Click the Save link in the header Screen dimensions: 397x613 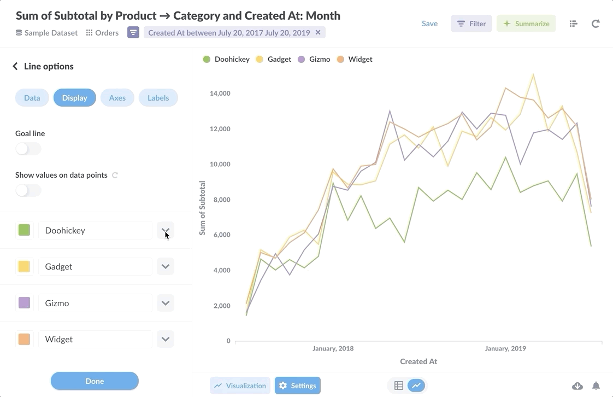429,24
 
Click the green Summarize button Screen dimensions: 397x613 526,24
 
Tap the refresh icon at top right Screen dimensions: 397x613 596,24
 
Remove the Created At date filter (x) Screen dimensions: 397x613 318,32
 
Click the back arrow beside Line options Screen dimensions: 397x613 15,66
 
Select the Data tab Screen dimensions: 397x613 32,98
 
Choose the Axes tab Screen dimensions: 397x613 117,98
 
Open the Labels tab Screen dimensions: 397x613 158,98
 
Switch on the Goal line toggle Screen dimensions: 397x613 28,149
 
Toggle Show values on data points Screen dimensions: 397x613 28,190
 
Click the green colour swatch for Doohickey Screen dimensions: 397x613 24,230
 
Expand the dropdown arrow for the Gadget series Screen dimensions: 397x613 166,267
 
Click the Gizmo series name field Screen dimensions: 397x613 95,303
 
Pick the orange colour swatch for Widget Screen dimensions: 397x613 24,339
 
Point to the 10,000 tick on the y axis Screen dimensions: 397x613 220,164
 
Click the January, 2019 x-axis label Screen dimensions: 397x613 505,348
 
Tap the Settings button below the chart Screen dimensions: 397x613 298,386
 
